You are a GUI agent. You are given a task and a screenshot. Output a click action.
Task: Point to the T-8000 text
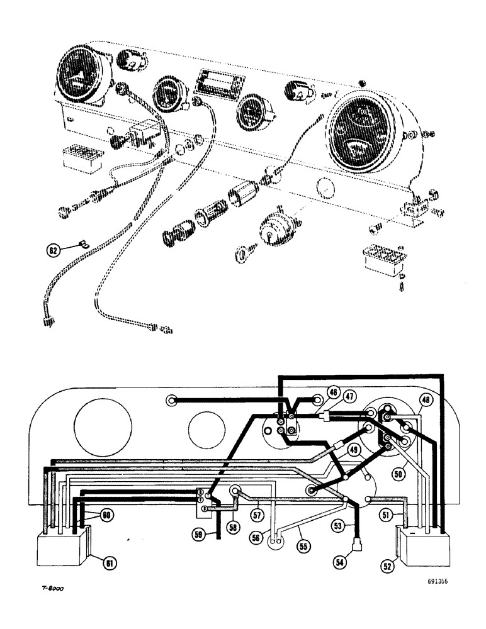coord(51,589)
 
